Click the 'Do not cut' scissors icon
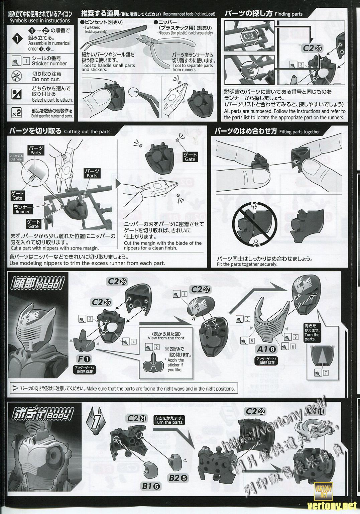click(16, 75)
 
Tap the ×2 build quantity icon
click(16, 113)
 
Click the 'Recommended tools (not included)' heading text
click(189, 14)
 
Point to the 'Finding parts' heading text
click(288, 14)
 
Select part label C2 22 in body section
click(257, 411)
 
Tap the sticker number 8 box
click(247, 319)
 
